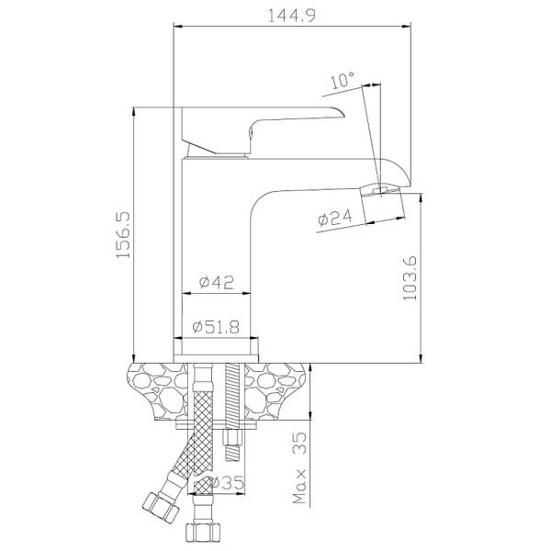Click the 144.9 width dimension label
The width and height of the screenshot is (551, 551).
click(x=292, y=16)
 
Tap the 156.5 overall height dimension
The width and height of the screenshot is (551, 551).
click(x=123, y=235)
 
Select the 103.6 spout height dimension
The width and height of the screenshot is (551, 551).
click(x=410, y=278)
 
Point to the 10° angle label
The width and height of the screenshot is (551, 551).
click(x=343, y=80)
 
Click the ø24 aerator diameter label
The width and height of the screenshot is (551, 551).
click(x=335, y=218)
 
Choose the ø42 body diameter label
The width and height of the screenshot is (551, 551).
click(x=216, y=282)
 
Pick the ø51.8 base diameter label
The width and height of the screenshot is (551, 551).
click(x=216, y=327)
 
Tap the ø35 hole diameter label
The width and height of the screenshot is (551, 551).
click(x=225, y=483)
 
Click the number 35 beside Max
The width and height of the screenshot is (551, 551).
click(x=299, y=444)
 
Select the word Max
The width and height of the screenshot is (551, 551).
click(x=299, y=487)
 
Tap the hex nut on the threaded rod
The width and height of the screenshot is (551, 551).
click(x=232, y=438)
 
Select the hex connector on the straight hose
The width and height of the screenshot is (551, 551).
click(x=203, y=532)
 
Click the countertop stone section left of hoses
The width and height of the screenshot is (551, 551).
click(x=159, y=391)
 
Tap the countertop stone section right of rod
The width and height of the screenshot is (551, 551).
click(x=275, y=391)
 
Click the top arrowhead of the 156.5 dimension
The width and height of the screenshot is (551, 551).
click(x=133, y=111)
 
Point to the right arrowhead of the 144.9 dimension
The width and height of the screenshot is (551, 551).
click(x=406, y=26)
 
